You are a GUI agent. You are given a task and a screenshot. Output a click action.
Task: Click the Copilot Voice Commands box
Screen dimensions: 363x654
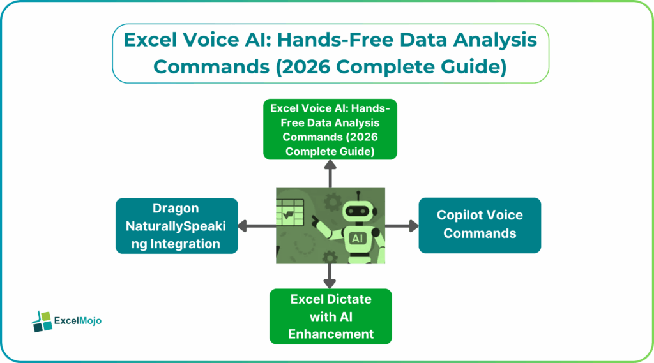(x=479, y=225)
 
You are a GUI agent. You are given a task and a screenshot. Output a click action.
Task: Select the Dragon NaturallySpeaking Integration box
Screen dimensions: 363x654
(x=176, y=226)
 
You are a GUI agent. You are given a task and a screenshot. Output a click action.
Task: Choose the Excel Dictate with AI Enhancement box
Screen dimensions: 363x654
(x=331, y=316)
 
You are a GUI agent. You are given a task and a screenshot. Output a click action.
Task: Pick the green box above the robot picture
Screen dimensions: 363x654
(x=330, y=130)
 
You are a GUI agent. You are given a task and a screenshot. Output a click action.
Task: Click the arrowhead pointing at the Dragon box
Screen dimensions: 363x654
(x=243, y=225)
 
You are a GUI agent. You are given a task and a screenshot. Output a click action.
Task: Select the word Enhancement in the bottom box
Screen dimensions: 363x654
(x=331, y=334)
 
